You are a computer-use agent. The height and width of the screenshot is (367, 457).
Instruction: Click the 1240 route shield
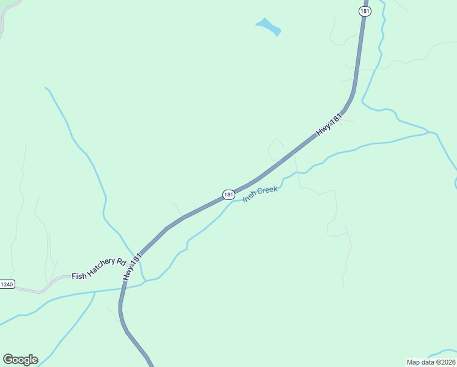7,284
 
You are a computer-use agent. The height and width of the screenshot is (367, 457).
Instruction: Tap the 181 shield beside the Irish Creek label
228,195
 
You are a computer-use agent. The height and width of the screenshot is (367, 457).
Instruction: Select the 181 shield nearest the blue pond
364,11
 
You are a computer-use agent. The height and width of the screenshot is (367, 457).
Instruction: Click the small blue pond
268,27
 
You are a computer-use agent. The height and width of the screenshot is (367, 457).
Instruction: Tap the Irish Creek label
261,193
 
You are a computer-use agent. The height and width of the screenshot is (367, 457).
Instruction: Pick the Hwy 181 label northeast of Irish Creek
328,125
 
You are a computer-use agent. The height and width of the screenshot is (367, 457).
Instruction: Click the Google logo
20,360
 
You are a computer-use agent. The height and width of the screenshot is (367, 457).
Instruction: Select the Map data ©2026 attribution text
431,361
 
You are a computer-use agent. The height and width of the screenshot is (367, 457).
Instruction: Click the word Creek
267,191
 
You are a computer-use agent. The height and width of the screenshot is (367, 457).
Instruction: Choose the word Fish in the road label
79,276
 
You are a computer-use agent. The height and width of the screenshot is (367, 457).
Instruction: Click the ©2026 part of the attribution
444,361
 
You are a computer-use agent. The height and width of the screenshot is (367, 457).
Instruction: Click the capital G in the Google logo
7,359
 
